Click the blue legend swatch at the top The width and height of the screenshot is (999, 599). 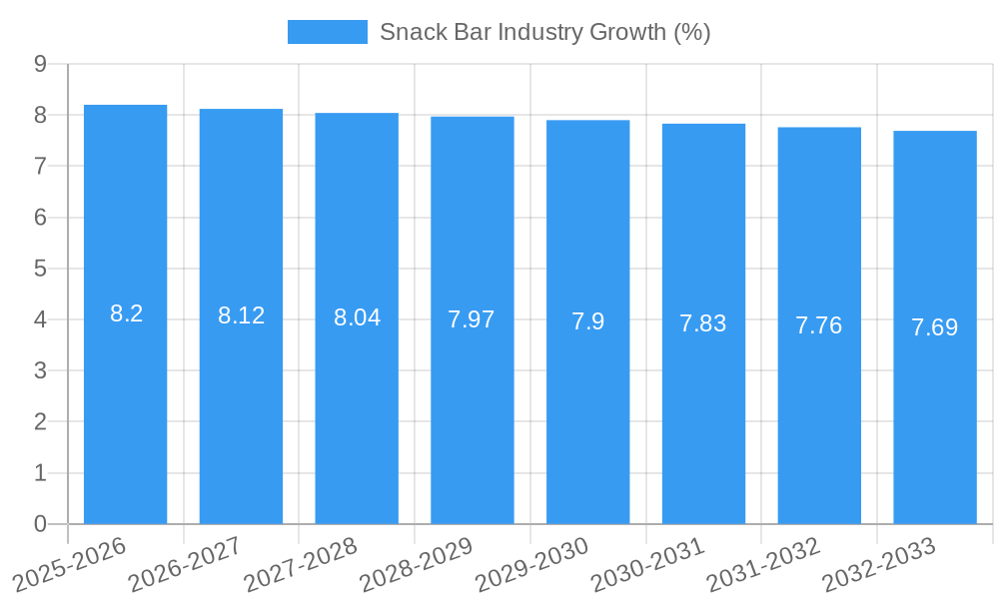pos(327,32)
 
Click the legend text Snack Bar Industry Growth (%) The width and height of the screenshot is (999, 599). pos(544,32)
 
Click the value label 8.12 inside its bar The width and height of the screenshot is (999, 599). pos(242,315)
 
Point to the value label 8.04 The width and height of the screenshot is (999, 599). pos(357,317)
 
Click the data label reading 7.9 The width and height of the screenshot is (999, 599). pos(587,321)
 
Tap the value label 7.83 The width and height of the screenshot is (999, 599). pos(703,323)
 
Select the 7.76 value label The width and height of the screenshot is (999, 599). pos(819,325)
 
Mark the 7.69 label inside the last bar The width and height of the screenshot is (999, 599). pos(935,327)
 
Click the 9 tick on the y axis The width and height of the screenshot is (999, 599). pos(40,64)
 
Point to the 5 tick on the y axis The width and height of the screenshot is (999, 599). pos(40,269)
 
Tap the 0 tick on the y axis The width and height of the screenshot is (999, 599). pos(40,524)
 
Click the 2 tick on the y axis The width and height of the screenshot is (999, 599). pos(40,422)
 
